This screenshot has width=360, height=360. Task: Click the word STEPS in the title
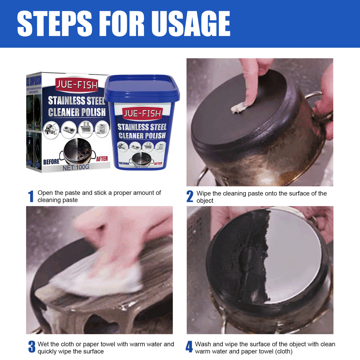point(55,24)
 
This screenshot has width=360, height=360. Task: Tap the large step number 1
point(31,197)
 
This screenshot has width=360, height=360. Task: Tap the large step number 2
point(190,197)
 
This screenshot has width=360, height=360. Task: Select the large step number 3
point(32,347)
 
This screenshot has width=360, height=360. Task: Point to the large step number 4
point(189,347)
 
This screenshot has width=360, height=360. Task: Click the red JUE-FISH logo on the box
point(77,85)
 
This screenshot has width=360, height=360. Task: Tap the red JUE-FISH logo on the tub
point(142,113)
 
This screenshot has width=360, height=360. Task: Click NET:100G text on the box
point(76,167)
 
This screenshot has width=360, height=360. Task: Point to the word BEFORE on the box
point(51,162)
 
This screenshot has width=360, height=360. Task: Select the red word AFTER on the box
point(102,159)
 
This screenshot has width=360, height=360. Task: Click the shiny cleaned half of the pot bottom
point(294,255)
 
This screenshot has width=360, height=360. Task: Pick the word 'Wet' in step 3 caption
point(43,344)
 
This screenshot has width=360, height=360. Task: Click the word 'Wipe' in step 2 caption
point(203,194)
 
